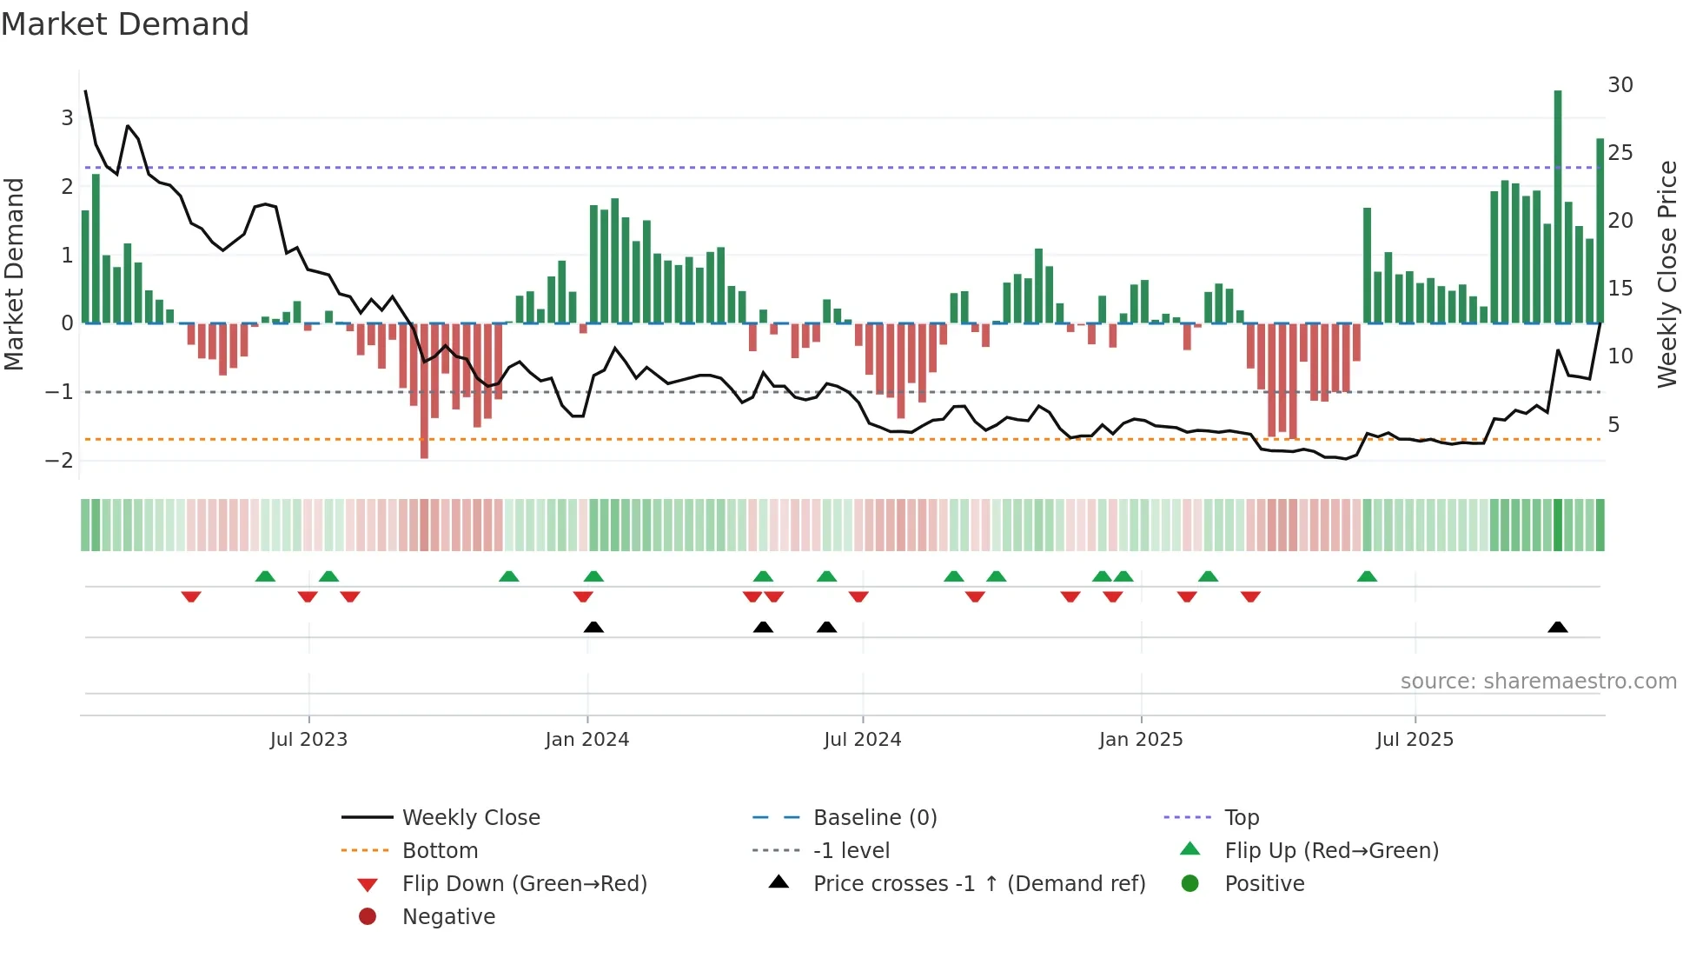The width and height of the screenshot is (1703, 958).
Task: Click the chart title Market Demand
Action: pyautogui.click(x=125, y=24)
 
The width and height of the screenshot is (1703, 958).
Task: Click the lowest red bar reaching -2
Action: pyautogui.click(x=424, y=390)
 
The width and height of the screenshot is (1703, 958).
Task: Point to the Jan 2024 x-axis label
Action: pyautogui.click(x=587, y=740)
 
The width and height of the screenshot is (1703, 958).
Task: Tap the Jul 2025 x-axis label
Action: pyautogui.click(x=1415, y=740)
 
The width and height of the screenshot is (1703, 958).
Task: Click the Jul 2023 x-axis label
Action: pyautogui.click(x=308, y=740)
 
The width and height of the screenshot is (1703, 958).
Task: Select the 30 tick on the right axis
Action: pyautogui.click(x=1620, y=85)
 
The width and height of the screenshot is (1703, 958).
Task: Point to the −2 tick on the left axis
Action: pyautogui.click(x=59, y=460)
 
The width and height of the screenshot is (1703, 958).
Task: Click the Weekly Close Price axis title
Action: pyautogui.click(x=1667, y=274)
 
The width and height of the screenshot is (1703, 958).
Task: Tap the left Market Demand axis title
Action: pyautogui.click(x=14, y=274)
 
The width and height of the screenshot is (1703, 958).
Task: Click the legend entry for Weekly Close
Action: pyautogui.click(x=470, y=818)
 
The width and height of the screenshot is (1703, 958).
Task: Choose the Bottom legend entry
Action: pyautogui.click(x=440, y=851)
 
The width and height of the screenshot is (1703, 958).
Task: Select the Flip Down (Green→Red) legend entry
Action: pyautogui.click(x=524, y=884)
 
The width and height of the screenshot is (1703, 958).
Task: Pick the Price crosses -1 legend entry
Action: pyautogui.click(x=978, y=884)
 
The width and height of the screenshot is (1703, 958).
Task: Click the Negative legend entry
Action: pyautogui.click(x=448, y=917)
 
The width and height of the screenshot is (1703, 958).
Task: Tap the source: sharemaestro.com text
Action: pyautogui.click(x=1538, y=682)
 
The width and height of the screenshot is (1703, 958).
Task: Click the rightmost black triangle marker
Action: pyautogui.click(x=1558, y=627)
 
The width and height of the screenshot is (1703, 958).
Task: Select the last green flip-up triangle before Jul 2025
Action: pyautogui.click(x=1367, y=576)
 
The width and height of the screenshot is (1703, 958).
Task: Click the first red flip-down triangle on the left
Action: pyautogui.click(x=191, y=596)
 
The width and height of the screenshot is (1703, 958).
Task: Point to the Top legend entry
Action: pyautogui.click(x=1241, y=818)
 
